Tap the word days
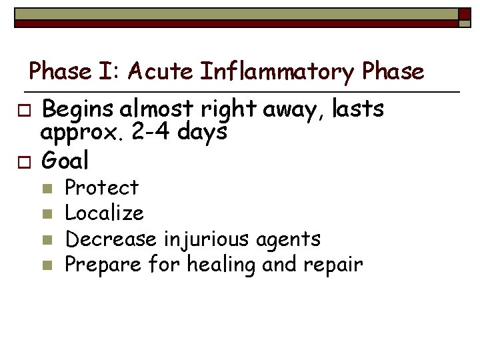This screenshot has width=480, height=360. (x=203, y=132)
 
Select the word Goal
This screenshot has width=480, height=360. (x=65, y=161)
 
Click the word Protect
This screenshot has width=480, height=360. (x=101, y=187)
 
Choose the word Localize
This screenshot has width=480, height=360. (x=104, y=213)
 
